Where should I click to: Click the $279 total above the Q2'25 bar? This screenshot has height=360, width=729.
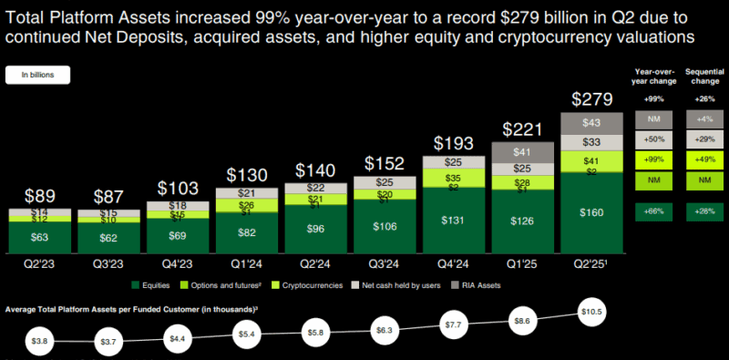click(590, 98)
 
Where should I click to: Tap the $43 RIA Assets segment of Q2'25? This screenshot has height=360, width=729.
click(590, 122)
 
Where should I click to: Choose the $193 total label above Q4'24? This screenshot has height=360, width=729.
click(453, 143)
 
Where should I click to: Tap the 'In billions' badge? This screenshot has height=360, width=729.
click(37, 76)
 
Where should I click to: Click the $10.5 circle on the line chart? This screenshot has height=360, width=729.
click(590, 314)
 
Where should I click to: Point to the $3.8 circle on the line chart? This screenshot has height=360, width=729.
click(38, 340)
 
